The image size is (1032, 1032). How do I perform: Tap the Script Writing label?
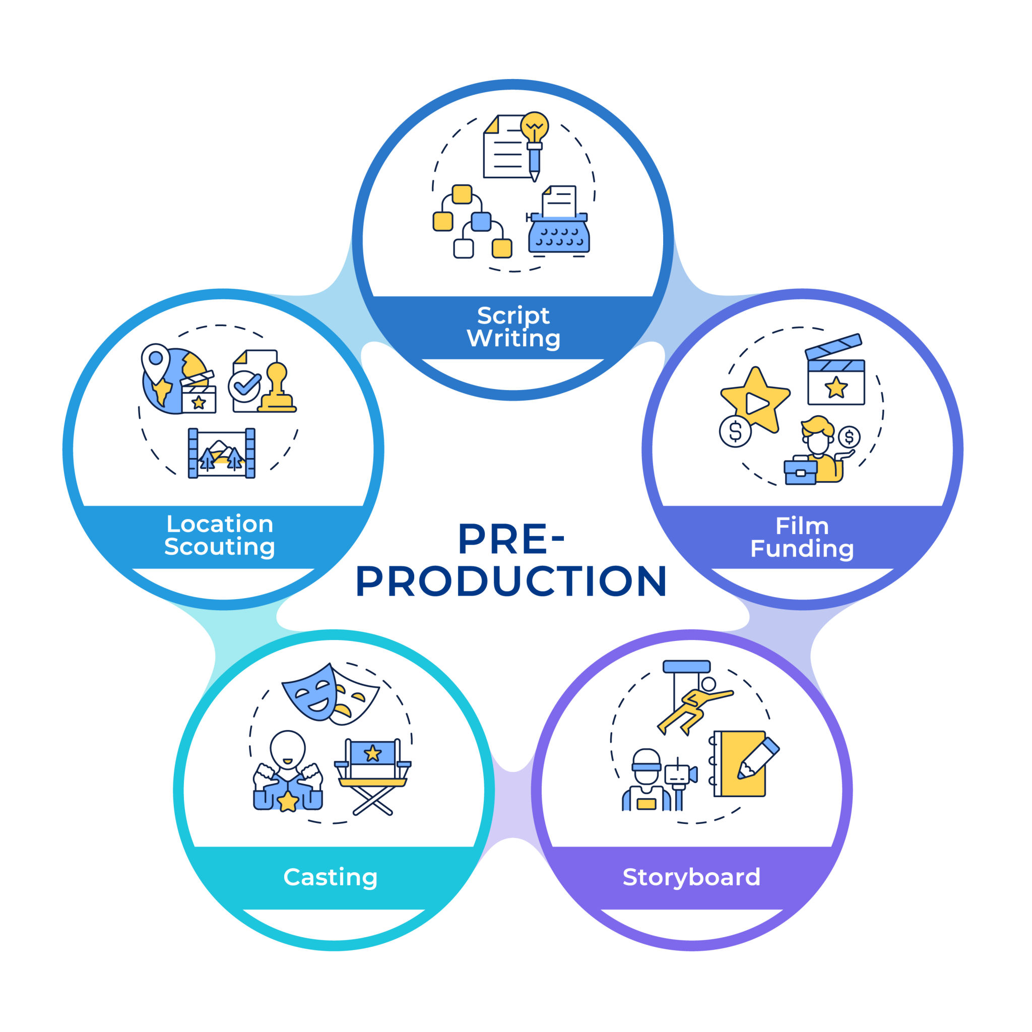coord(513,327)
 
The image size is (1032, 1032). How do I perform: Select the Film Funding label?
coord(802,537)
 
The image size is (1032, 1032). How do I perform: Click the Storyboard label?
coord(691,877)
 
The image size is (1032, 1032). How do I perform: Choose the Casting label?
coord(331,877)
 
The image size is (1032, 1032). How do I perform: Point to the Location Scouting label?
coord(220,535)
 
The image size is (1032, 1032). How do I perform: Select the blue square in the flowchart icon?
coord(481,222)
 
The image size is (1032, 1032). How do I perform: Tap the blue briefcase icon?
coord(800,472)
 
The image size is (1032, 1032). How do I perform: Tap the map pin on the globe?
coord(155,362)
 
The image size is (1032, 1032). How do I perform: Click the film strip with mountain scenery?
coord(221,453)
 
